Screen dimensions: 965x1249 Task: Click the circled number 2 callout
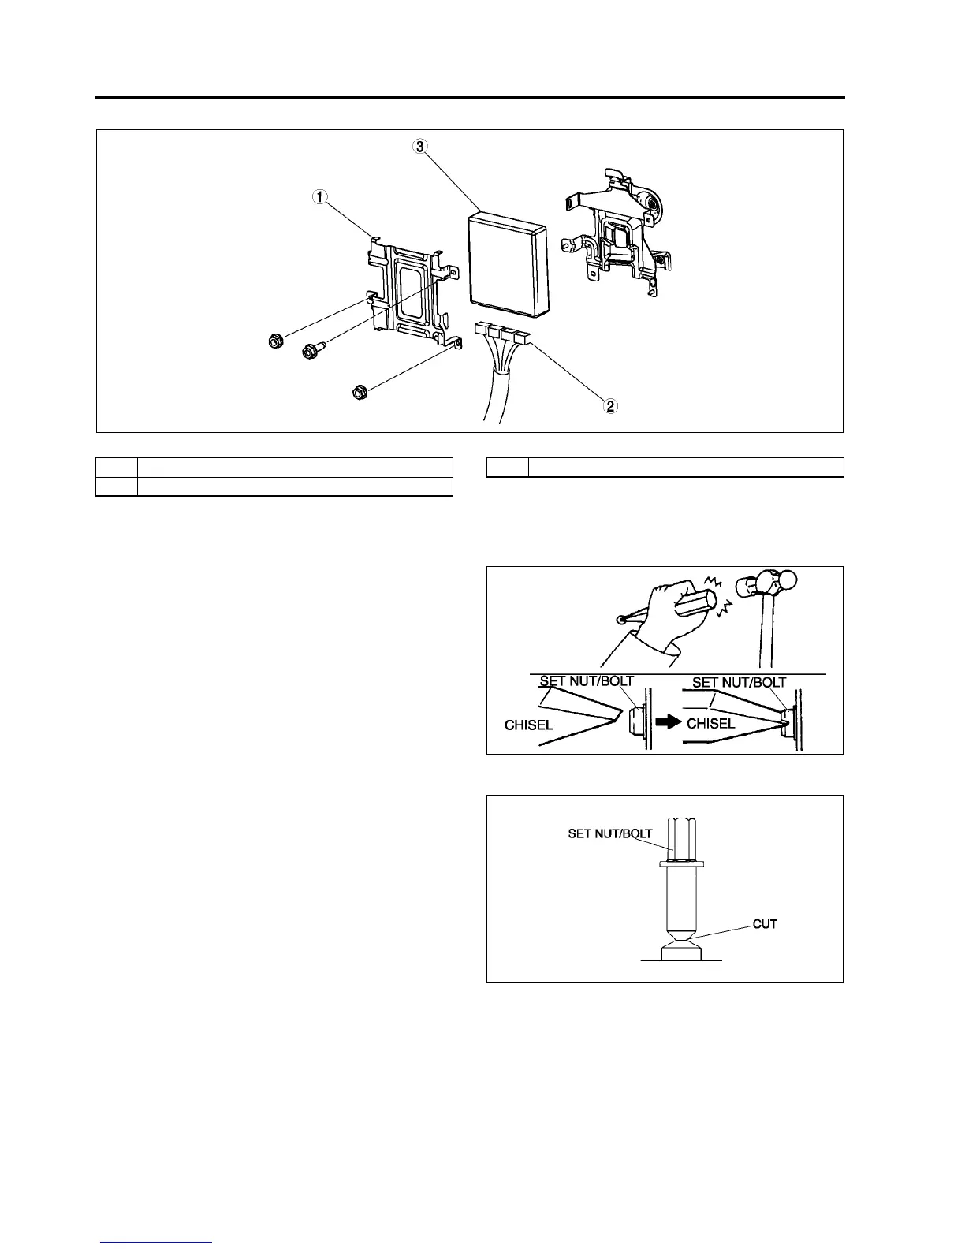610,407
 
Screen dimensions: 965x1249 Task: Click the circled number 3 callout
421,147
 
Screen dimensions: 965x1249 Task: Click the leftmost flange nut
276,342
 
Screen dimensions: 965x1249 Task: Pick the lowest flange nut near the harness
359,391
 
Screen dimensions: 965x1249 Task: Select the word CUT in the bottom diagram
765,923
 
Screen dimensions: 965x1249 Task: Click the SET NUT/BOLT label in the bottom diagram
609,833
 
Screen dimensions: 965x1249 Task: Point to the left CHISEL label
528,724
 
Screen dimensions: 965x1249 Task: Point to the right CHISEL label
710,723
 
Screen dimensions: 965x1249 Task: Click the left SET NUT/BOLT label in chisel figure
587,681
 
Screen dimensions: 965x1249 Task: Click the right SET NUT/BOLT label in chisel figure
739,683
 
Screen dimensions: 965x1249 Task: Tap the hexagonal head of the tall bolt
682,840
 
